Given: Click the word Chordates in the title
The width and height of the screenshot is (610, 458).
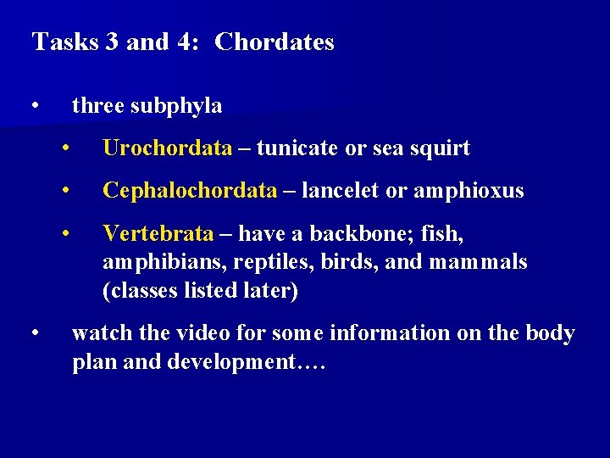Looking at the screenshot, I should [274, 42].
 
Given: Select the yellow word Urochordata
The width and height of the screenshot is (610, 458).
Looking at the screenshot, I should [167, 148].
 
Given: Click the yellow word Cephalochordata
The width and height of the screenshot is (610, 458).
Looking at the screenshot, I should [190, 191].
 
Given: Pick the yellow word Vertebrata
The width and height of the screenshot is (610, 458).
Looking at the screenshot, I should [158, 233].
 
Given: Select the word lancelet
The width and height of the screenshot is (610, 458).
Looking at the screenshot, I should [341, 191].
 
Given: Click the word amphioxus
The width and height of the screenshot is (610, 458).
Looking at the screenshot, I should [469, 192].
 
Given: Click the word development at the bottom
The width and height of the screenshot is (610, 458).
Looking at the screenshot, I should [233, 363].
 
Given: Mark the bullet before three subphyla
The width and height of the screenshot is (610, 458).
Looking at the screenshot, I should [35, 106].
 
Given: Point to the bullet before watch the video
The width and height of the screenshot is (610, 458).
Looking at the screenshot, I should [35, 333].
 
